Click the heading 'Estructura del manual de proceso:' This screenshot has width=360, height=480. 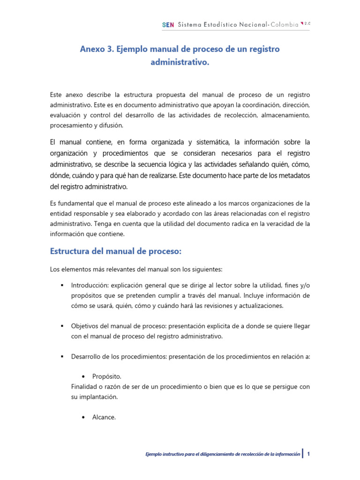(115, 252)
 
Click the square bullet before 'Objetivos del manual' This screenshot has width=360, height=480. (61, 326)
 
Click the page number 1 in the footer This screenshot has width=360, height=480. (309, 453)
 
